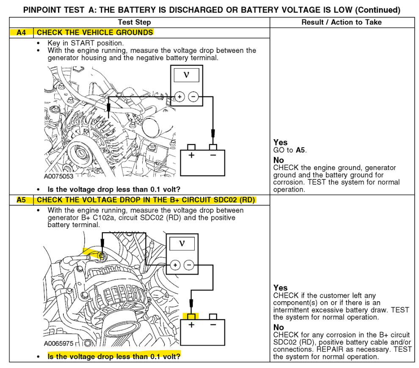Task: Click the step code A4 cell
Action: tap(21, 32)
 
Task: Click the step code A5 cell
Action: tap(21, 200)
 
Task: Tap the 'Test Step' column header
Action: tap(134, 22)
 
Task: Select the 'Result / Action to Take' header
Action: tap(342, 22)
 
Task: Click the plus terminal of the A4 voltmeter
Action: tap(179, 97)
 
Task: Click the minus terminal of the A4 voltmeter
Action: tap(193, 97)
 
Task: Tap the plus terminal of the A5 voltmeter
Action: tap(175, 265)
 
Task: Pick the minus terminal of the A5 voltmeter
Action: tap(189, 265)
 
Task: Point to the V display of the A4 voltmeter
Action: tap(186, 75)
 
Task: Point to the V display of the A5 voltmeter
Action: tap(182, 243)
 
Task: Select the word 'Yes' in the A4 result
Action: tap(280, 143)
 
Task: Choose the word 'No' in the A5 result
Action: tap(278, 327)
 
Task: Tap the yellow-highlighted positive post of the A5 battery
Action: tap(192, 316)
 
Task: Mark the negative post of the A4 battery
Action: tap(213, 147)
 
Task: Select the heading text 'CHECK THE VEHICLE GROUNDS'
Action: tap(95, 32)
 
